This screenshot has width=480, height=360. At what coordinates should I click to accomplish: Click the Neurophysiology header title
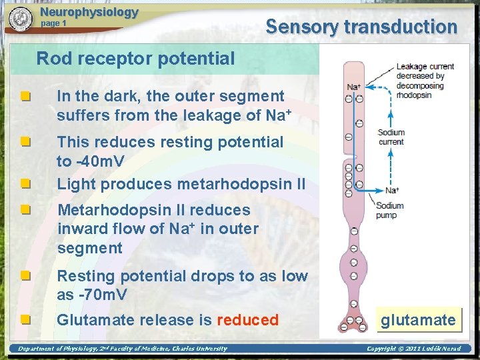[89, 12]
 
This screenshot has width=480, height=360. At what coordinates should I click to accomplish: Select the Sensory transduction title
[361, 27]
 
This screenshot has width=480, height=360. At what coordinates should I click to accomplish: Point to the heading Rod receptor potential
[135, 59]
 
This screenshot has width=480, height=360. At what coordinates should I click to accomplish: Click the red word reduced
[247, 320]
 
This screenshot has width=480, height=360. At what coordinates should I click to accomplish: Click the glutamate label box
[418, 320]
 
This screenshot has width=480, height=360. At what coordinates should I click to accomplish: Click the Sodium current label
[391, 137]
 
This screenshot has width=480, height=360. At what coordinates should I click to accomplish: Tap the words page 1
[54, 23]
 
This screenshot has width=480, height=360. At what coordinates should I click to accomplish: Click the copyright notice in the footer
[413, 349]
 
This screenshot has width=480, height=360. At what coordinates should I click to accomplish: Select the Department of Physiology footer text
[122, 349]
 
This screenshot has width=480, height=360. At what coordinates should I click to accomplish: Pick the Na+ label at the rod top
[354, 87]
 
